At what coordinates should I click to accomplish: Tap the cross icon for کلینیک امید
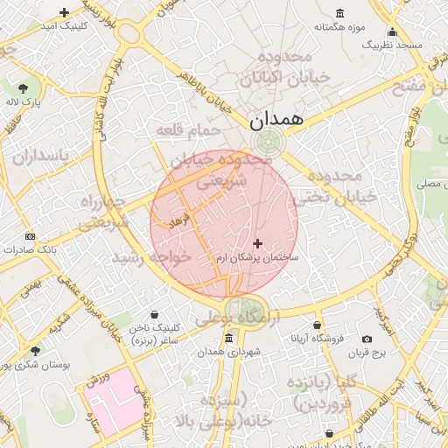pyautogui.click(x=64, y=12)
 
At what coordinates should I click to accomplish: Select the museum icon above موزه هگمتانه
pyautogui.click(x=339, y=14)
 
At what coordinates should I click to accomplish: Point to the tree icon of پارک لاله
pyautogui.click(x=23, y=87)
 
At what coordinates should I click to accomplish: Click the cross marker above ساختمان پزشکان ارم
pyautogui.click(x=257, y=243)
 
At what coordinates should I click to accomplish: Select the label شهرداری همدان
pyautogui.click(x=229, y=351)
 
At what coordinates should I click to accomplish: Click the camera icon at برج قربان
pyautogui.click(x=366, y=339)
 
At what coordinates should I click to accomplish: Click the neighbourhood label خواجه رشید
pyautogui.click(x=150, y=258)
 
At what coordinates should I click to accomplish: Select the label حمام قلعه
pyautogui.click(x=189, y=131)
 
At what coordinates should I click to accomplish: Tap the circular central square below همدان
pyautogui.click(x=262, y=142)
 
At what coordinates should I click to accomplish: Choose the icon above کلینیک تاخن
pyautogui.click(x=155, y=315)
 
